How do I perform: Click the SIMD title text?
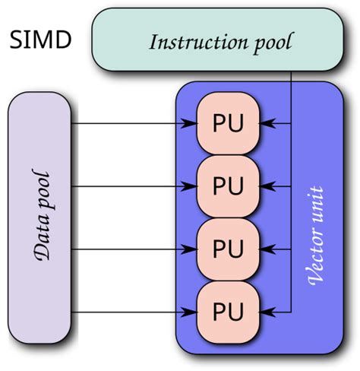tap(41, 40)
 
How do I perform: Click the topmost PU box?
tap(229, 122)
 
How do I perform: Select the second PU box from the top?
tap(229, 185)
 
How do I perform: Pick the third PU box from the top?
tap(229, 249)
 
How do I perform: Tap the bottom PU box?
tap(229, 311)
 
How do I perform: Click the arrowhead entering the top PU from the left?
tap(191, 122)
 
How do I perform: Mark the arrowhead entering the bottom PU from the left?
tap(191, 311)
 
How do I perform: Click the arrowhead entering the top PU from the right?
tap(266, 122)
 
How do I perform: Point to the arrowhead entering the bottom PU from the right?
tap(266, 311)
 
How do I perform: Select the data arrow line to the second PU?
tap(129, 185)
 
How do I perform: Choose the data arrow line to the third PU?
tap(129, 249)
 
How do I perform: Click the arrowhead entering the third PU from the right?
tap(266, 249)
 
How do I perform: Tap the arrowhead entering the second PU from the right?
tap(266, 185)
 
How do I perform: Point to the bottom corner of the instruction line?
tap(292, 311)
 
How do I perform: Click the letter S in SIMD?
tap(17, 40)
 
